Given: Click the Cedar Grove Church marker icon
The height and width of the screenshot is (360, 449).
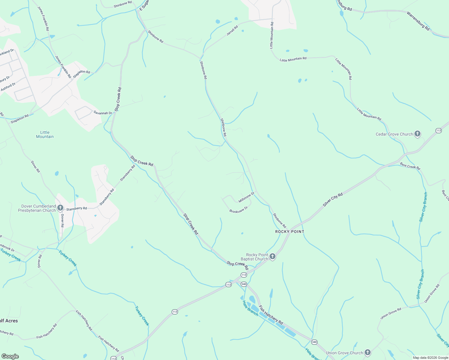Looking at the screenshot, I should coord(417,134).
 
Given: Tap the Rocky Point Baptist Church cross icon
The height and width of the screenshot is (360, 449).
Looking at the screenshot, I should coord(272,256).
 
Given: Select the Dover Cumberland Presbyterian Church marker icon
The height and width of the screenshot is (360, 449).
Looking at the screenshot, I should coord(60,208).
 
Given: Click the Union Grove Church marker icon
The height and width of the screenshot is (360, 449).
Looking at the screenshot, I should coord(368,352).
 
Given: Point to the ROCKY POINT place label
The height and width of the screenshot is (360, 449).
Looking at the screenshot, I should coord(290,232).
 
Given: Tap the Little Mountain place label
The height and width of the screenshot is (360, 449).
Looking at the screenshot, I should coord(45,134).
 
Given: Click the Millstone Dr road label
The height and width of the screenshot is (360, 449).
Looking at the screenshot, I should coord(246,197).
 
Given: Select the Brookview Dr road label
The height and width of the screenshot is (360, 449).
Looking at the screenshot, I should coord(239,210).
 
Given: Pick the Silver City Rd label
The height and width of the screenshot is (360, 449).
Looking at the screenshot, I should coord(333,200).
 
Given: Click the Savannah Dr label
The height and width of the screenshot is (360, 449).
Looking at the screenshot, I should coord(103,113).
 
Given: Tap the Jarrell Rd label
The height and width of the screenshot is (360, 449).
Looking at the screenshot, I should coord(232,31).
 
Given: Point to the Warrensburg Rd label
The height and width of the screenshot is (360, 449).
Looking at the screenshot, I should coord(418,21).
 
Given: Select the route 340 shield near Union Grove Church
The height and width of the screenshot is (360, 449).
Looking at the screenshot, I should coord(314,342).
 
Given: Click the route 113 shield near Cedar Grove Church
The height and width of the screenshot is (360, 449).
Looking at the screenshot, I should coord(439,130).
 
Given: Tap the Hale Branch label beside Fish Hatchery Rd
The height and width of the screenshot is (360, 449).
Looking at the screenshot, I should coord(250,308).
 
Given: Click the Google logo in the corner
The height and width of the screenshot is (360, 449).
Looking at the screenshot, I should coord(10,356).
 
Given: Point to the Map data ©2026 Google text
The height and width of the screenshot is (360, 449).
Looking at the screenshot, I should coord(430,358).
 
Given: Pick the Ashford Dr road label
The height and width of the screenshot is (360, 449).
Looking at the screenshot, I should coord(8,87).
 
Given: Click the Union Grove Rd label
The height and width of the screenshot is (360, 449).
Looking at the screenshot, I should coord(390,313).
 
